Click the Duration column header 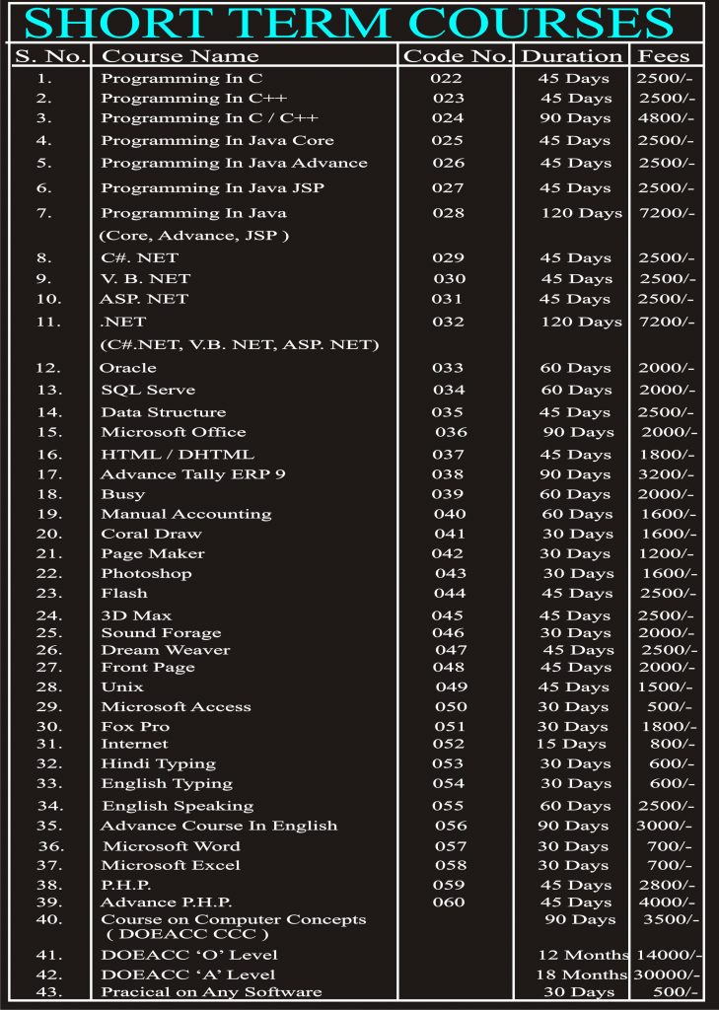pos(572,56)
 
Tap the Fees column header pos(665,56)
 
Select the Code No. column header pos(457,56)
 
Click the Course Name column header pos(180,56)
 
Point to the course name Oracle pos(128,368)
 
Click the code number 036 pos(451,432)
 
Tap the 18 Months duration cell pos(582,974)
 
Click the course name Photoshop pos(146,573)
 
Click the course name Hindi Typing pos(158,763)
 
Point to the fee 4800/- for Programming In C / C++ pos(666,118)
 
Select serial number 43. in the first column pos(49,991)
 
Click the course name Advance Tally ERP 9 pos(193,474)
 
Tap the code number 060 pos(448,902)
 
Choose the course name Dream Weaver pos(166,650)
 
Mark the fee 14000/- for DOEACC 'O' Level pos(669,955)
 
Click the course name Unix pos(122,686)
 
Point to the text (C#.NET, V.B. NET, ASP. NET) pos(240,344)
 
